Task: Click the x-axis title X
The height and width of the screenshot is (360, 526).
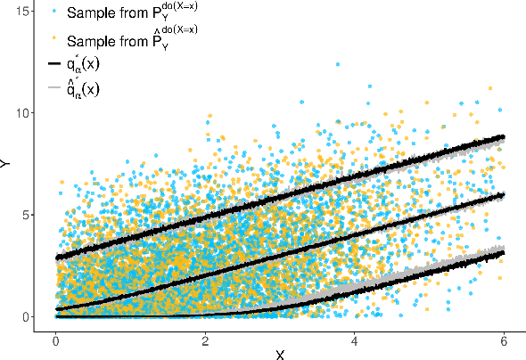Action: pos(280,355)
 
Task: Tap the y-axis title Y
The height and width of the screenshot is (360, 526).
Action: pos(7,164)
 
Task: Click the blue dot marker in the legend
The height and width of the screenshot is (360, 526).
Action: pos(55,12)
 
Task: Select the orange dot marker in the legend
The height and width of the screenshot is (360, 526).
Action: pos(55,38)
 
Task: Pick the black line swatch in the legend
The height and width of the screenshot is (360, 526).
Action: pos(55,64)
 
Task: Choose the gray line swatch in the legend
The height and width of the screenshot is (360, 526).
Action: pos(55,88)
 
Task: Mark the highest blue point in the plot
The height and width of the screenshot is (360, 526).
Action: pos(337,64)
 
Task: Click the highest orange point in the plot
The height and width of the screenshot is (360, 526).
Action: pos(489,88)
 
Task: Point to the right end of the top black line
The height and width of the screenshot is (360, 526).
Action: pos(505,136)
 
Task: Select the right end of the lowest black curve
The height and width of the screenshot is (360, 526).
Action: pos(505,252)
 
